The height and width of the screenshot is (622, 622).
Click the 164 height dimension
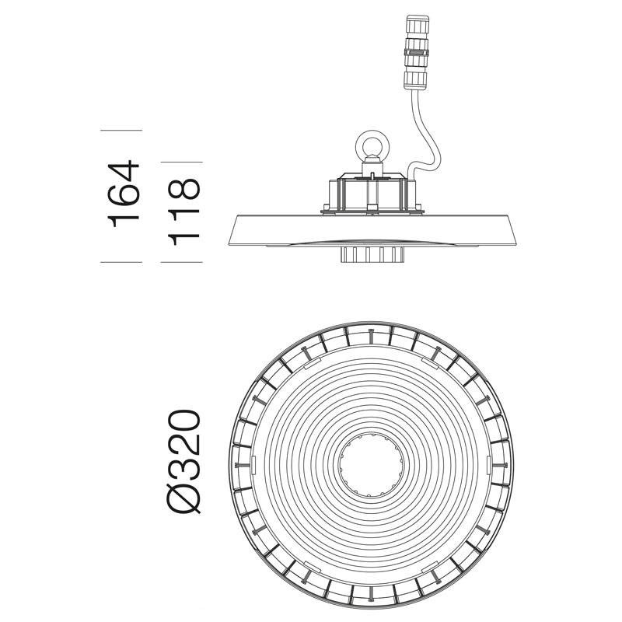click(124, 194)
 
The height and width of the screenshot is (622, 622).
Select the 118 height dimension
click(184, 211)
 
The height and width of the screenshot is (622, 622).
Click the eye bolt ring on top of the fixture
click(370, 145)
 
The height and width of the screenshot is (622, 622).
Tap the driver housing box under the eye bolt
click(370, 191)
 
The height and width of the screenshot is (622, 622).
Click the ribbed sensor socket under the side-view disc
click(370, 255)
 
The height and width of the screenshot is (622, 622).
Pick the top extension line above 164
click(121, 126)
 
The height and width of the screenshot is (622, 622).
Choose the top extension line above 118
click(181, 162)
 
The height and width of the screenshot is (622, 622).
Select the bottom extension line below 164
click(121, 263)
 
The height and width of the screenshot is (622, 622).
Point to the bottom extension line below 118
click(181, 263)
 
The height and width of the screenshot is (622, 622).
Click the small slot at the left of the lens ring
click(253, 464)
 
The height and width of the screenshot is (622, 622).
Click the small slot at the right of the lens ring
click(487, 464)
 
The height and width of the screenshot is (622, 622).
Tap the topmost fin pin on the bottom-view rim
click(372, 333)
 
